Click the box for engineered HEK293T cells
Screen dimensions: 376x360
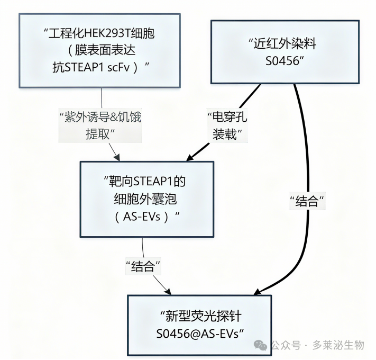pos(99,51)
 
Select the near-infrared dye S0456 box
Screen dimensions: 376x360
pos(285,52)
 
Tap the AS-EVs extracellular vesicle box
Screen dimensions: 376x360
pos(147,199)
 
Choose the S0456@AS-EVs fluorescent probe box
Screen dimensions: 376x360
pos(199,325)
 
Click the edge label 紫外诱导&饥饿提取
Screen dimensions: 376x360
pos(100,125)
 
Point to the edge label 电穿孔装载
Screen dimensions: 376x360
pos(227,125)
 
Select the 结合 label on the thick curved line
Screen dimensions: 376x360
pos(307,201)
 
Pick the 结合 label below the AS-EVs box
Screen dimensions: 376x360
pos(143,266)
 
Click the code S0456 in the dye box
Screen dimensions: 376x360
pos(282,61)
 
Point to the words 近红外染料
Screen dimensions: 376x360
pos(285,43)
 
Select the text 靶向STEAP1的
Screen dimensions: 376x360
pos(147,181)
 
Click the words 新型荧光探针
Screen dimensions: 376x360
pos(204,316)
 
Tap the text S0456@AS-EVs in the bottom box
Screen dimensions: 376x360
pos(198,334)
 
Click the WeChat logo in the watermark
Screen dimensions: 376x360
pos(260,345)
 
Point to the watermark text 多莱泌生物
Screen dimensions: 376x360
pos(338,345)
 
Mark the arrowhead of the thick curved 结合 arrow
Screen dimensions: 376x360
pos(258,291)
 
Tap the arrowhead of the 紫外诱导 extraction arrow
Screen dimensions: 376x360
pos(117,157)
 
